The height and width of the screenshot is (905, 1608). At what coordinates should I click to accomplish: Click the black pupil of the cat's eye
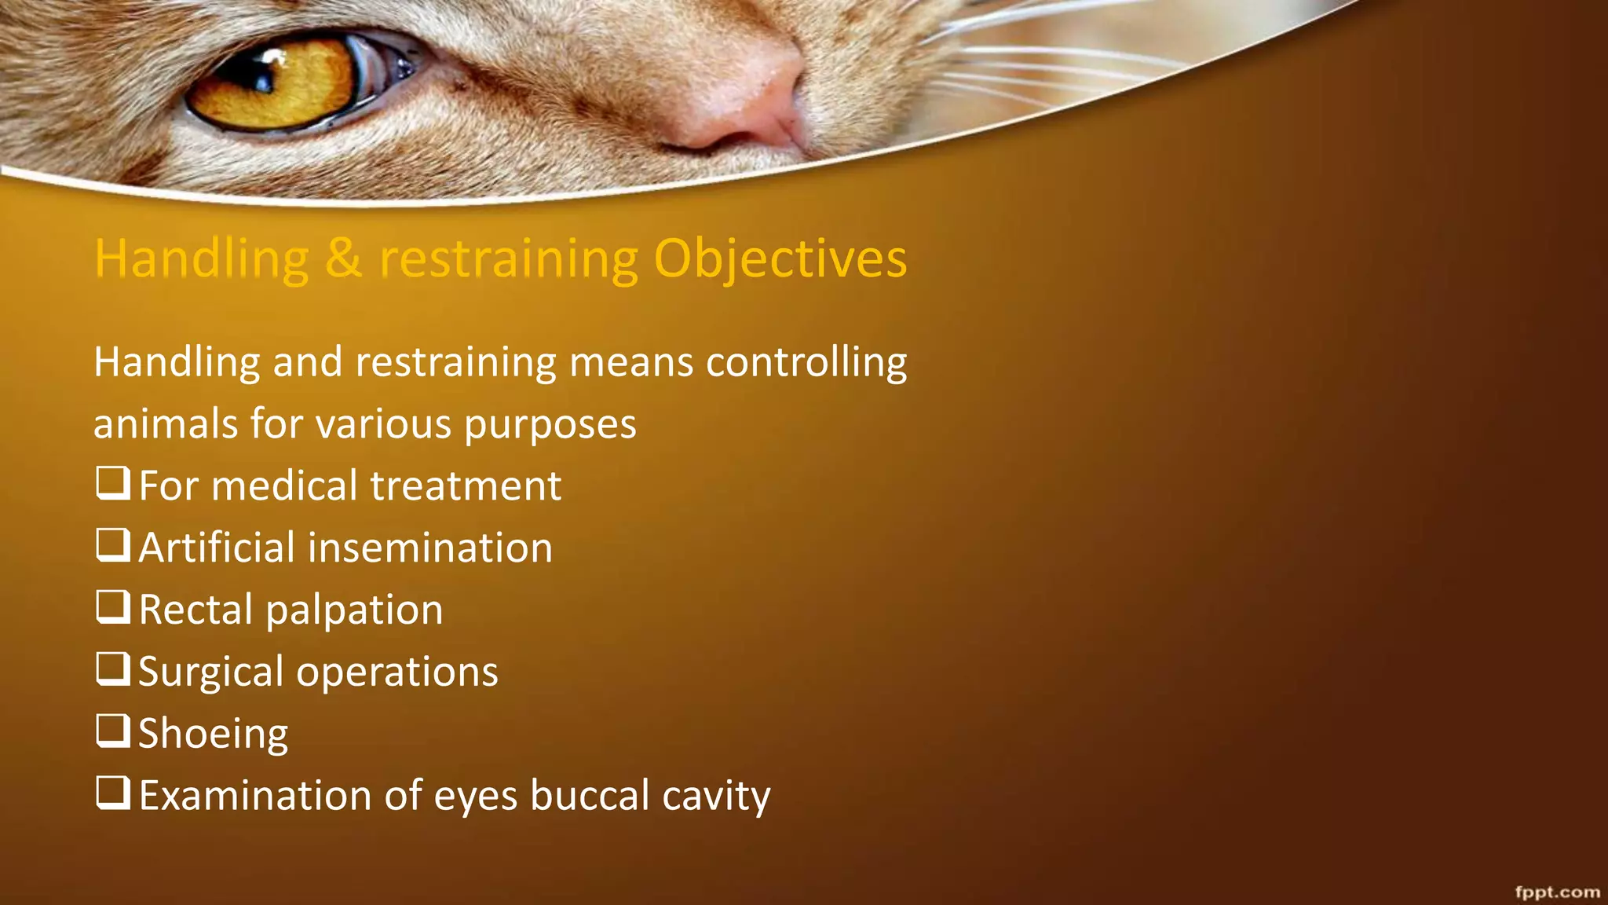259,75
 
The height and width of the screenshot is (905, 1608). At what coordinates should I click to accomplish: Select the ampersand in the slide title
343,258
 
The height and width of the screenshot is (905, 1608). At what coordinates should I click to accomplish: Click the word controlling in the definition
806,363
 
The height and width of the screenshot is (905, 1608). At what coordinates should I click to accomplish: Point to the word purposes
550,425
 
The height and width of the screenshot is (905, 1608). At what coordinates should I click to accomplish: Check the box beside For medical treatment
113,483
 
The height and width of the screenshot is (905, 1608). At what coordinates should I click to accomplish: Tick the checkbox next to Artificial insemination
113,544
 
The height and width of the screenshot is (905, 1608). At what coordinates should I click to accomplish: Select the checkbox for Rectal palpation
113,606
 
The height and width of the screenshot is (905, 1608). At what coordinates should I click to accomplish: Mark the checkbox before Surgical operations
113,669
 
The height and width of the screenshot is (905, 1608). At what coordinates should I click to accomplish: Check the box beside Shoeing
113,730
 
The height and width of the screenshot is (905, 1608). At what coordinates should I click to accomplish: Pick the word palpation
354,610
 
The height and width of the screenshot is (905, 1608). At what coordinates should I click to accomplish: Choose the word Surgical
210,672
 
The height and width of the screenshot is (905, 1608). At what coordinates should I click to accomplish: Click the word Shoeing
214,734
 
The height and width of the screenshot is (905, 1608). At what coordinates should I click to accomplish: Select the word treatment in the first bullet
466,485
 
